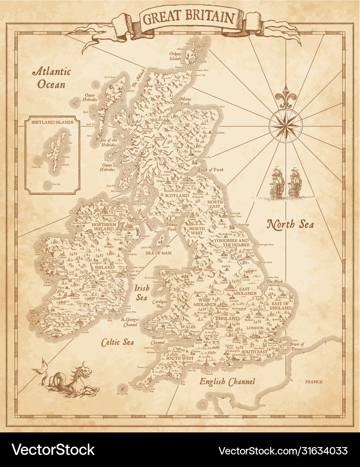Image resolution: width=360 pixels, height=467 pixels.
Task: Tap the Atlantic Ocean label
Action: click(x=53, y=77)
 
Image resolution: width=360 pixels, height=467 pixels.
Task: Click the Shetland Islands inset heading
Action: click(x=52, y=122)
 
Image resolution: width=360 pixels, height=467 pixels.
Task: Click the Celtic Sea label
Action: click(x=117, y=342)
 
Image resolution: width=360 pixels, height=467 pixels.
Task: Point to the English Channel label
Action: click(x=227, y=381)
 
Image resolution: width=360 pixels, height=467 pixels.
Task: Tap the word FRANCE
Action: click(x=314, y=382)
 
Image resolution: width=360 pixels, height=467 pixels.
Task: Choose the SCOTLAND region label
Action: click(x=177, y=195)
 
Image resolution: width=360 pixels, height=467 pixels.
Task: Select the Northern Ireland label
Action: click(x=103, y=227)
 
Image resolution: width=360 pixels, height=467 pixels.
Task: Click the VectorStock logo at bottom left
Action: click(x=53, y=450)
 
